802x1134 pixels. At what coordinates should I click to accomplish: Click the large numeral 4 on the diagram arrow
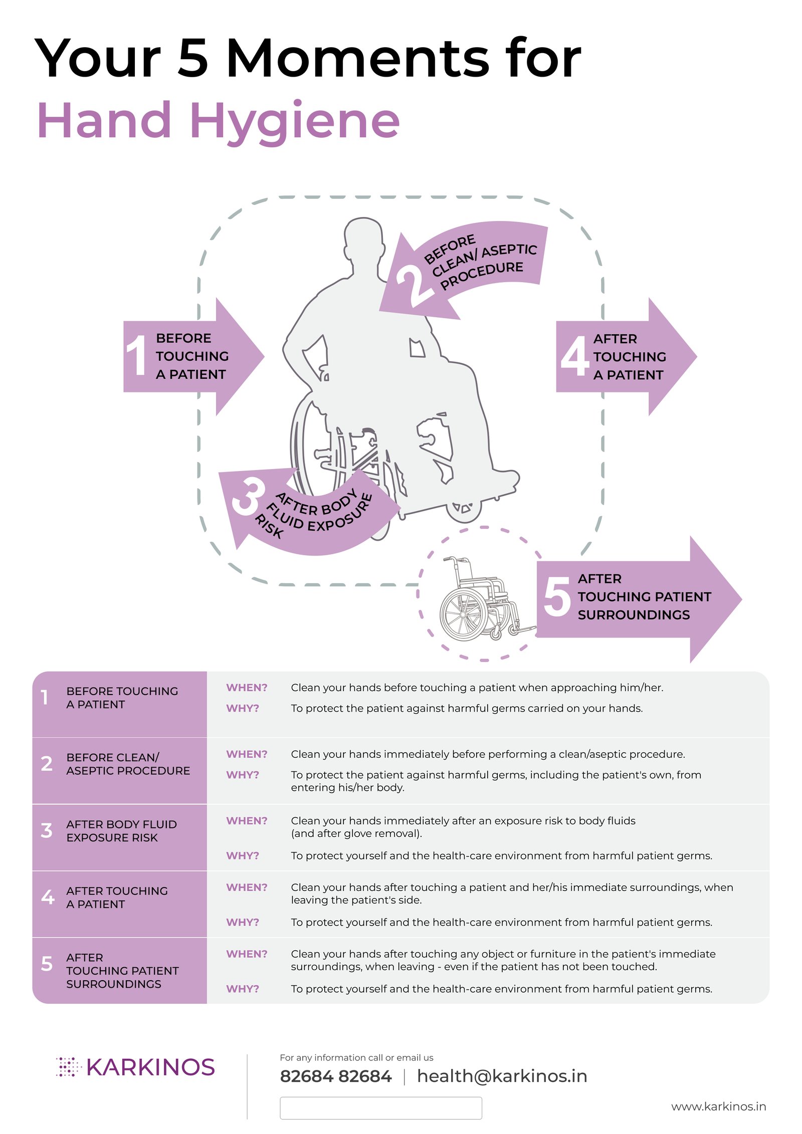[x=574, y=356]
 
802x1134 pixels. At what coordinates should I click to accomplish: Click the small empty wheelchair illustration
[x=479, y=599]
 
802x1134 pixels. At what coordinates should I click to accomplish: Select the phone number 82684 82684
[x=335, y=1076]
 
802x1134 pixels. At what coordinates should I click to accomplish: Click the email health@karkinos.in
[x=502, y=1076]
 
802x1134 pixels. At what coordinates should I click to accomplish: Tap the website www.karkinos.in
[x=718, y=1106]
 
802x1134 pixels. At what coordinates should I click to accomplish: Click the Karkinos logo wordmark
[x=150, y=1067]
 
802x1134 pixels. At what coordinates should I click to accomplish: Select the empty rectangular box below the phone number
[x=380, y=1107]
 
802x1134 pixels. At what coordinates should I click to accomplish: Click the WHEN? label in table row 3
[x=247, y=820]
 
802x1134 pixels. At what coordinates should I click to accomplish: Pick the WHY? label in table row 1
[x=243, y=708]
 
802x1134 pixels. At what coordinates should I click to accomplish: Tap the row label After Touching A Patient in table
[x=117, y=897]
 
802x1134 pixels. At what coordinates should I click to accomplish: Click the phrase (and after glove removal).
[x=356, y=833]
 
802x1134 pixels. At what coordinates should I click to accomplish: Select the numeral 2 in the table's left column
[x=47, y=764]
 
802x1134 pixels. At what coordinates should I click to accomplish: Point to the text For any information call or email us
[x=356, y=1057]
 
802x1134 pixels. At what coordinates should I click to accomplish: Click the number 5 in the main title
[x=192, y=59]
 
